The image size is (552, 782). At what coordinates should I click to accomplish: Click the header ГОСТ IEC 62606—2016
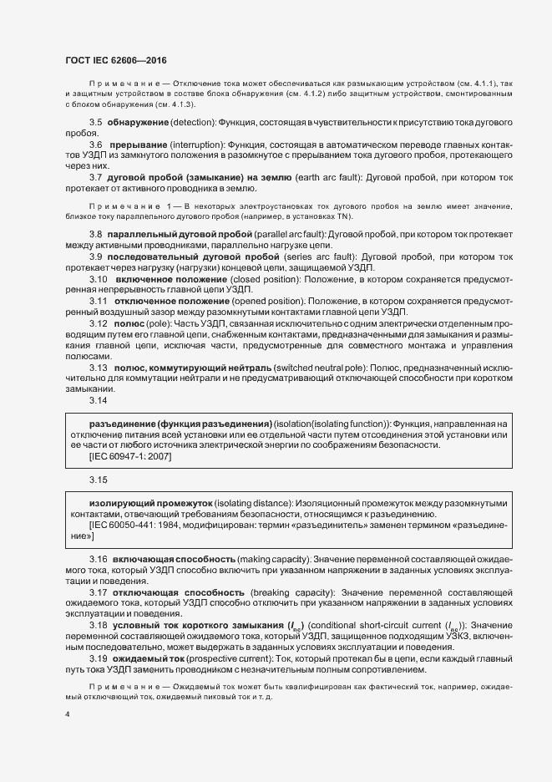pyautogui.click(x=114, y=60)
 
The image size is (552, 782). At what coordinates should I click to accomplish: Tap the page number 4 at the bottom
pyautogui.click(x=68, y=714)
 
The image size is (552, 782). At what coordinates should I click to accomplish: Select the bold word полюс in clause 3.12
pyautogui.click(x=129, y=321)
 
